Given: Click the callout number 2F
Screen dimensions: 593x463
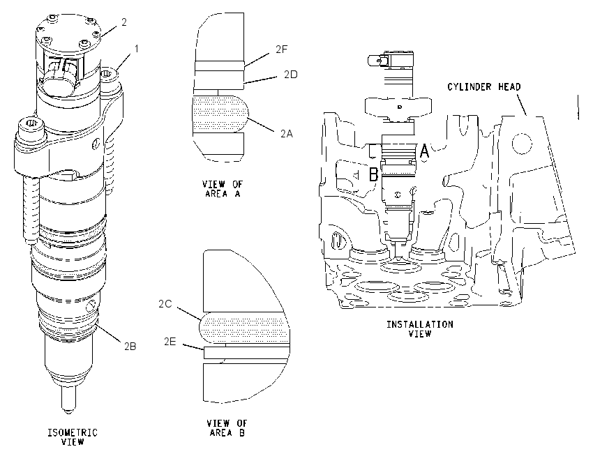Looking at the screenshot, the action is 281,49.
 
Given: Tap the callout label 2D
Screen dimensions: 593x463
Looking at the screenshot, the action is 291,75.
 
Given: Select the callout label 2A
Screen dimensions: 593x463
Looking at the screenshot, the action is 287,133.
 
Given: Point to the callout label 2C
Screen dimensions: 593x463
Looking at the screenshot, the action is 165,304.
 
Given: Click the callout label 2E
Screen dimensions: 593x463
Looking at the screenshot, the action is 170,341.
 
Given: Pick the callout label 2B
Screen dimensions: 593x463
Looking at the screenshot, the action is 130,346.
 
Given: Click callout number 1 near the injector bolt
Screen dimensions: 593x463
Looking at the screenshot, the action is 137,49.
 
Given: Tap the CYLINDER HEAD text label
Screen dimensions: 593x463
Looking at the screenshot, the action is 484,87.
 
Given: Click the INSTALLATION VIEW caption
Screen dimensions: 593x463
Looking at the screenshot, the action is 420,329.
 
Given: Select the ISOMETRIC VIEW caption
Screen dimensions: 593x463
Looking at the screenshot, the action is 73,437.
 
